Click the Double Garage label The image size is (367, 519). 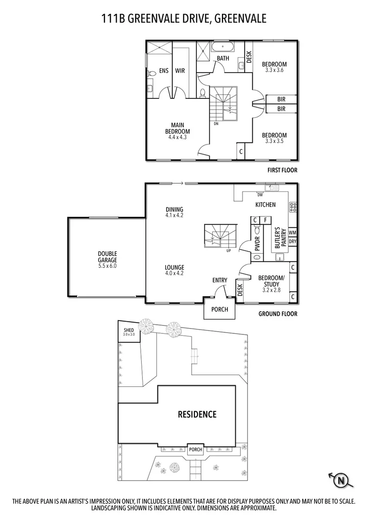tap(107, 257)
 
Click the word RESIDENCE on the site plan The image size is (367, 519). tap(196, 415)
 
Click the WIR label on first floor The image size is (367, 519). tap(180, 71)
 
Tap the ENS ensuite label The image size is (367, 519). tap(164, 71)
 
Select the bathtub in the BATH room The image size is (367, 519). tap(223, 48)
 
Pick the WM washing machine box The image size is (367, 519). tap(293, 233)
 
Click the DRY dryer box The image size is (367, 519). tap(293, 241)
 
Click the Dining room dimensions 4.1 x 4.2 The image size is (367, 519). tap(174, 215)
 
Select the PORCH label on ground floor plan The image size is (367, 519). tap(220, 309)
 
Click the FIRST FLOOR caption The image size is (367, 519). tap(282, 170)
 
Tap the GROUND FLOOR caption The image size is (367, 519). tap(278, 314)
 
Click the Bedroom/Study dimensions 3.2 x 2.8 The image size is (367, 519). tap(268, 290)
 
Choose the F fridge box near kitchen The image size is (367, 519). tap(265, 220)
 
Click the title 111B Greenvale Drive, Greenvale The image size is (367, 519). tap(184, 19)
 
